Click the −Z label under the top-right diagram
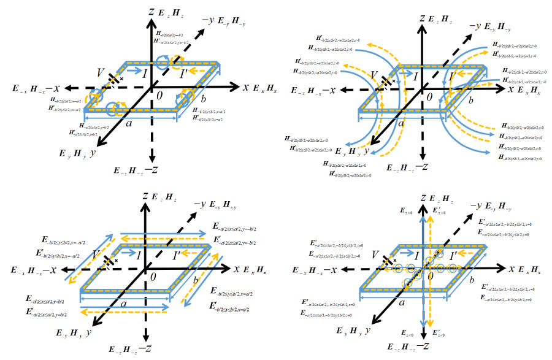tap(423, 166)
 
